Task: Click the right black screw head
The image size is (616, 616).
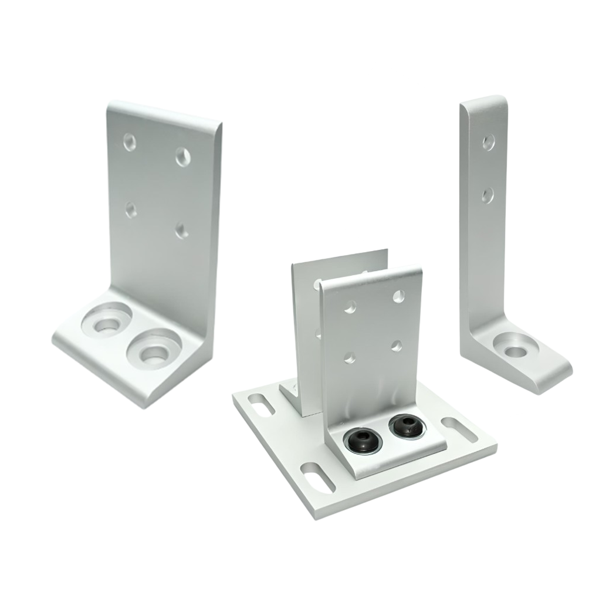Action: click(404, 425)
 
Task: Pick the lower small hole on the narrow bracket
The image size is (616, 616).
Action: click(488, 194)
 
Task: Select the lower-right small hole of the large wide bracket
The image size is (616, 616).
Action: click(182, 230)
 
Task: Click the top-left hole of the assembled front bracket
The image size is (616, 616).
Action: click(350, 306)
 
